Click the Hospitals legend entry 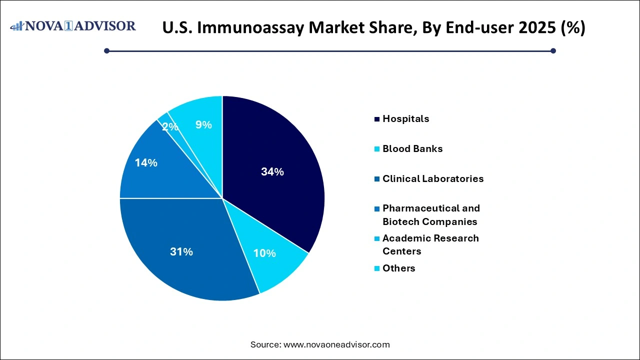(x=405, y=119)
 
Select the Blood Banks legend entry (x=412, y=149)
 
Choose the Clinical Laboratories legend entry (x=433, y=179)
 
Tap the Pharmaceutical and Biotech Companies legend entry (x=430, y=215)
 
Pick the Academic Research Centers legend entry (x=430, y=245)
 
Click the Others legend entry (x=398, y=268)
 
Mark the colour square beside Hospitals (x=376, y=119)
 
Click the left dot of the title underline (x=106, y=50)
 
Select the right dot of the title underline (x=553, y=50)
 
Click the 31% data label (x=181, y=252)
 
